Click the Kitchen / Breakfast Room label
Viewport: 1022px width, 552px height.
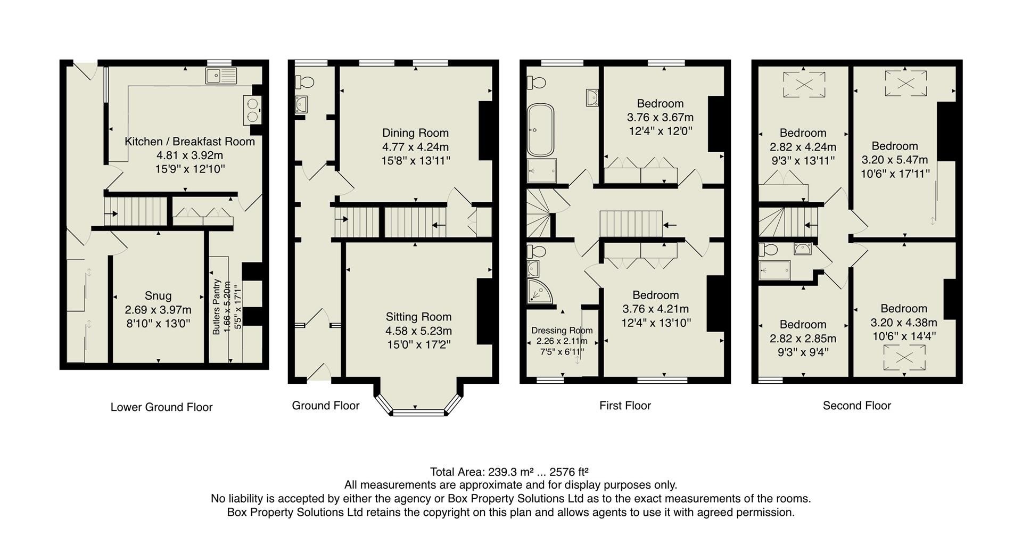click(x=189, y=142)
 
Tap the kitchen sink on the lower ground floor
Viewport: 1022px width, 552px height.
click(x=221, y=76)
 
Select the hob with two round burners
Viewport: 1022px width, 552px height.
click(x=252, y=110)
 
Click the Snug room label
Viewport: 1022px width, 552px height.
click(x=158, y=296)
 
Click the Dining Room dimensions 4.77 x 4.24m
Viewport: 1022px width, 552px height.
click(x=415, y=147)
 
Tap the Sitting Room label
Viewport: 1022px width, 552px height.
click(x=418, y=317)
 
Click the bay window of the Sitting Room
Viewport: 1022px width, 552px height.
click(x=418, y=411)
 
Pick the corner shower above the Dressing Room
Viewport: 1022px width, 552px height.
click(x=539, y=291)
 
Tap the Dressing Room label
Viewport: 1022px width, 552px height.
click(x=562, y=331)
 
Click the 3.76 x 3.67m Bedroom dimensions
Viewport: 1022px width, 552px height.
click(x=660, y=118)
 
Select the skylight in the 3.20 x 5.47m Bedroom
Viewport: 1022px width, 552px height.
click(x=905, y=83)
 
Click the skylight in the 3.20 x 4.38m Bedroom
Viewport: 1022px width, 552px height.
click(x=904, y=357)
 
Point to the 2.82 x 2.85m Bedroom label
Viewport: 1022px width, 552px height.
click(x=803, y=325)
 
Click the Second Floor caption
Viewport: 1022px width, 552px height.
click(x=856, y=406)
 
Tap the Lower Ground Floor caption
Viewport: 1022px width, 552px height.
click(x=161, y=407)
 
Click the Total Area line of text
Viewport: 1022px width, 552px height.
click(x=509, y=472)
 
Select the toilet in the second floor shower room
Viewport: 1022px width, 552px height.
click(x=768, y=249)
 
